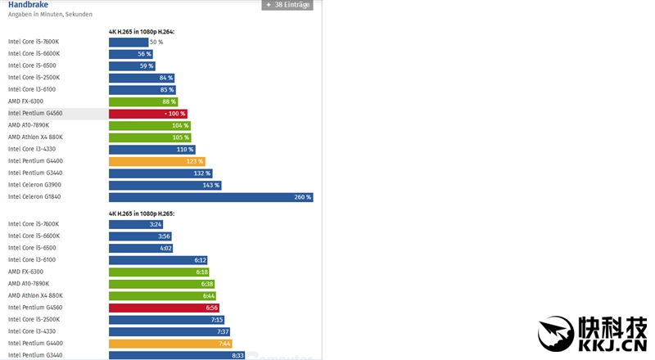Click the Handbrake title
tap(28, 5)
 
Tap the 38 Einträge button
tap(287, 5)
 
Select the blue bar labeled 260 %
tap(210, 197)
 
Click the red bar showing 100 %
tap(148, 114)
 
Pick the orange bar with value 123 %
tap(156, 161)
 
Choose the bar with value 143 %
tap(165, 185)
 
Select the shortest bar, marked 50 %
tap(129, 42)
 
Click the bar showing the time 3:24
tap(136, 224)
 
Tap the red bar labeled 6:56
tap(164, 308)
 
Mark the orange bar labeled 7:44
tap(170, 344)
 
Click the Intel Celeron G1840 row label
tap(34, 197)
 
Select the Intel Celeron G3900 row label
tap(34, 185)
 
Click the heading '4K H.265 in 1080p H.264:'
tap(142, 32)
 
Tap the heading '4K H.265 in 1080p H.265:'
tap(142, 214)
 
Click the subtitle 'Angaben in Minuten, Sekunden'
tap(50, 15)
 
